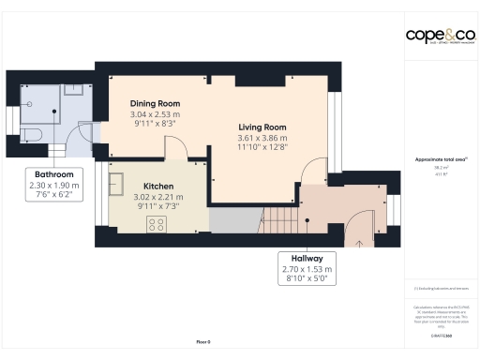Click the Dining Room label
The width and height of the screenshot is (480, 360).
[x=155, y=103]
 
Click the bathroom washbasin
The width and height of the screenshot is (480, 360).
[x=77, y=91]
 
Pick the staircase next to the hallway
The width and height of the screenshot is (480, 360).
[x=278, y=220]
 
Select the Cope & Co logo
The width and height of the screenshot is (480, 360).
[x=440, y=36]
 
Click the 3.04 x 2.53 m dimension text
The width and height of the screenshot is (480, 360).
[x=155, y=114]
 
